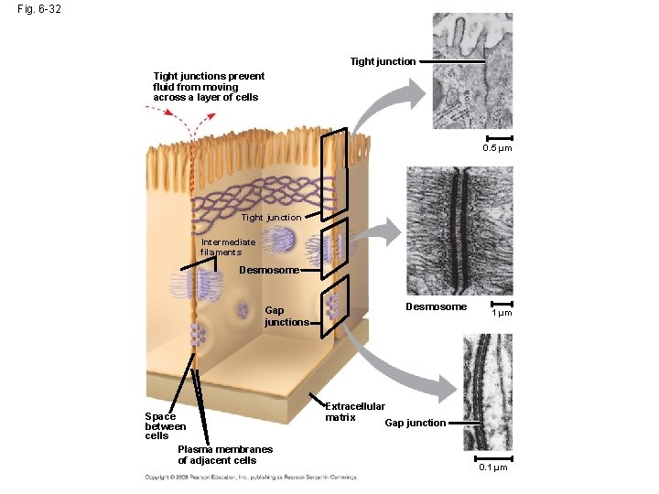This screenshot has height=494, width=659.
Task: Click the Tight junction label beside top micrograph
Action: (x=383, y=61)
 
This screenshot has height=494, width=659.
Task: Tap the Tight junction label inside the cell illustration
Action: (x=271, y=217)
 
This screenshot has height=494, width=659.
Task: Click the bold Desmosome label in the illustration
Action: (x=268, y=270)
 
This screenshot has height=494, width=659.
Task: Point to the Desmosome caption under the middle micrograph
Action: (x=437, y=306)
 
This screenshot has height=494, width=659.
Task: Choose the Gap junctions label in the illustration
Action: (x=286, y=317)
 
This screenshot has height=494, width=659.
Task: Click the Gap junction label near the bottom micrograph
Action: (x=415, y=423)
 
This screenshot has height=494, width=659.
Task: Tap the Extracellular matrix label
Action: (x=355, y=412)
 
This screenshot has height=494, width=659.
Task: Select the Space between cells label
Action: (x=165, y=426)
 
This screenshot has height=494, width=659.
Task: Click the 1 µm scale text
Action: (x=502, y=313)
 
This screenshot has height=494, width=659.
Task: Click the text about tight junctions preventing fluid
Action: (x=209, y=87)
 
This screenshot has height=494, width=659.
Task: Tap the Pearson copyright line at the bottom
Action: (x=250, y=477)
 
